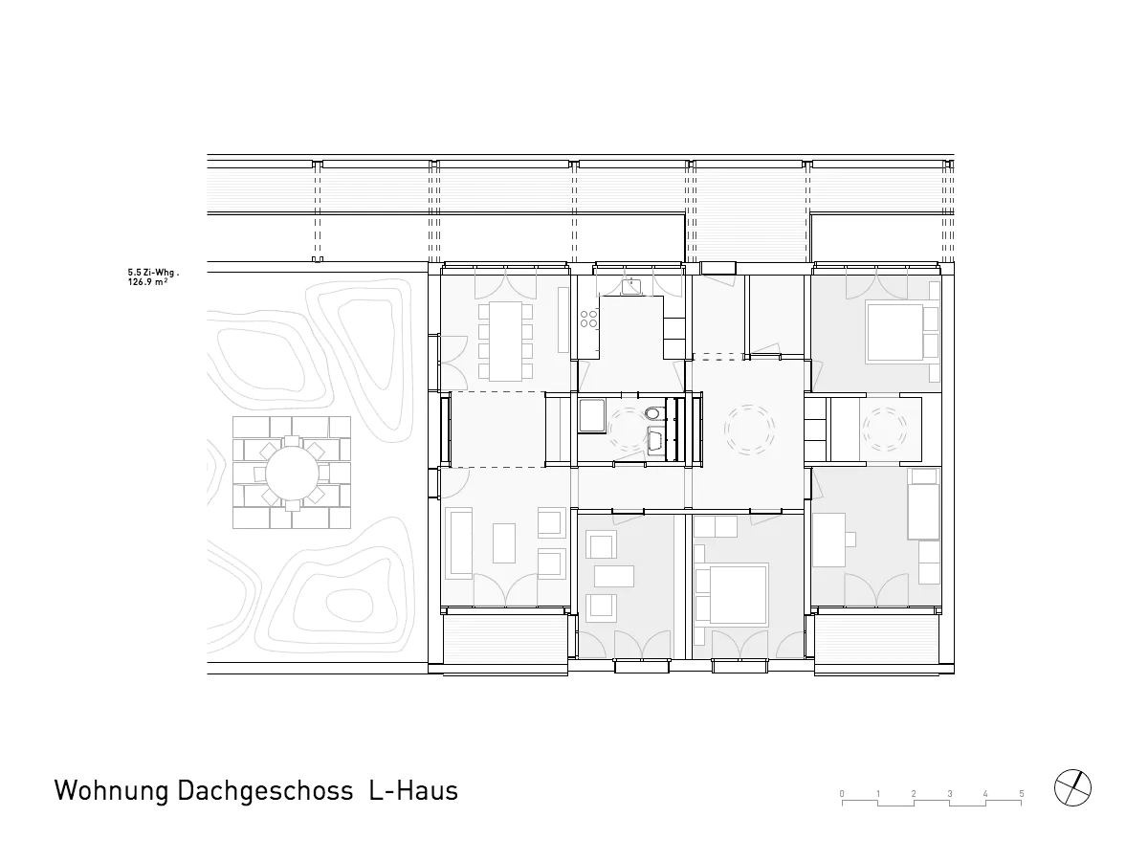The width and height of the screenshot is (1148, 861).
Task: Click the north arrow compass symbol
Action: [x=1072, y=787]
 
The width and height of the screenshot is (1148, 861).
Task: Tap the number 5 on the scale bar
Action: [x=1021, y=794]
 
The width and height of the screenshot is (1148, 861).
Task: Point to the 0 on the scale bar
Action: [x=842, y=794]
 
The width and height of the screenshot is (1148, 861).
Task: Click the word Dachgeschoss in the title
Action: [x=265, y=791]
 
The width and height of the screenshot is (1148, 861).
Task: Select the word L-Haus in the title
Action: [x=413, y=790]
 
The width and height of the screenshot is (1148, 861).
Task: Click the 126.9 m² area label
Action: [x=147, y=282]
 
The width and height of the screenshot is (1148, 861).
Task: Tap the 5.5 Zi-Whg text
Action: [x=153, y=273]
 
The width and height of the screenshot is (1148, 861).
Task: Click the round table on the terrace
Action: [x=292, y=474]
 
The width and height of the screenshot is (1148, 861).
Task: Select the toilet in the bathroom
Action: [x=653, y=413]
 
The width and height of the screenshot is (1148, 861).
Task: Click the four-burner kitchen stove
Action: [x=589, y=319]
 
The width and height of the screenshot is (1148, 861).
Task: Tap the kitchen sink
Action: [x=631, y=286]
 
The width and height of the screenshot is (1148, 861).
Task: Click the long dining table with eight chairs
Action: [x=505, y=341]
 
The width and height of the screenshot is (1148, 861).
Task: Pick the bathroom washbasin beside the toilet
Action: [x=655, y=440]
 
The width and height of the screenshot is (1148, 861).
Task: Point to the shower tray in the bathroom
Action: [x=592, y=415]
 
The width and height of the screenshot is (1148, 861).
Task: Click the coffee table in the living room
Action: [x=504, y=543]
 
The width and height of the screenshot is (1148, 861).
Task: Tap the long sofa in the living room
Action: [x=459, y=543]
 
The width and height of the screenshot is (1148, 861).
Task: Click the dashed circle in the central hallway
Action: [x=749, y=430]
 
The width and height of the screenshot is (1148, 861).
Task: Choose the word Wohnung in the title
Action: [x=111, y=791]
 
